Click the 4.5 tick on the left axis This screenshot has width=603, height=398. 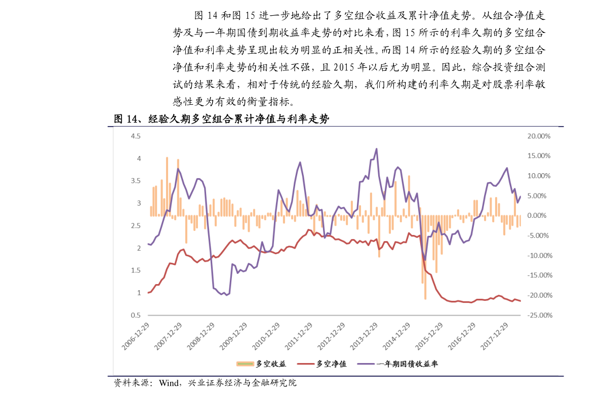pos(135,136)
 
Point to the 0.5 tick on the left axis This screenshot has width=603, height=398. pos(135,315)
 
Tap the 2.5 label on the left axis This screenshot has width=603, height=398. pos(135,226)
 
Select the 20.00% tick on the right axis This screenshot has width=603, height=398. pos(539,136)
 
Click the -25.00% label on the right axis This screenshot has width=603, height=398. pos(539,315)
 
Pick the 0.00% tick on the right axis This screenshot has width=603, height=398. pos(539,216)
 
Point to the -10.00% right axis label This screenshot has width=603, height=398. pos(539,256)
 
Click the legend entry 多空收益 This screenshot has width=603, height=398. pos(271,364)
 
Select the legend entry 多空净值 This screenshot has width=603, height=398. pos(331,364)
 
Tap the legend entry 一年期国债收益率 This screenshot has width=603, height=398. pos(407,364)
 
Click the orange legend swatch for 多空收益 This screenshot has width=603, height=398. pos(245,364)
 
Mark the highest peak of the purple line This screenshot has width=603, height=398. pos(376,149)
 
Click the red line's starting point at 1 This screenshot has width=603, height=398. pos(148,293)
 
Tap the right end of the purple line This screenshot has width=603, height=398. pos(520,197)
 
